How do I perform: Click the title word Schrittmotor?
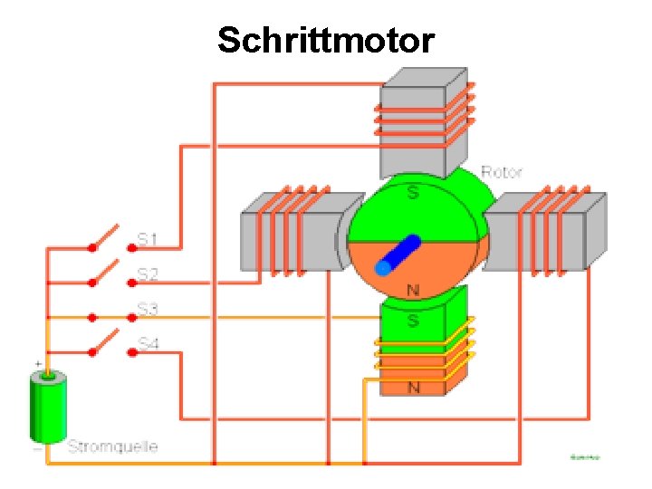(x=326, y=40)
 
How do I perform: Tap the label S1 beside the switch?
(x=148, y=239)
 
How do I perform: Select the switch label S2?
(x=148, y=273)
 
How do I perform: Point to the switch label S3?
(x=148, y=310)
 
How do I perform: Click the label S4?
(x=148, y=344)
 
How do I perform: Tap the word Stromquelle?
(x=112, y=446)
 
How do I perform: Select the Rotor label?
(x=501, y=171)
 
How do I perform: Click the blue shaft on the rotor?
(x=398, y=254)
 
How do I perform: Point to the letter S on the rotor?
(x=413, y=193)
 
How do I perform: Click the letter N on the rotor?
(x=413, y=291)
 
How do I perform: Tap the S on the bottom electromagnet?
(x=413, y=321)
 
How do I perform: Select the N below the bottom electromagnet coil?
(x=414, y=388)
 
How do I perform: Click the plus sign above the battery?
(x=38, y=364)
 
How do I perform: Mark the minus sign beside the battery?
(x=37, y=447)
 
